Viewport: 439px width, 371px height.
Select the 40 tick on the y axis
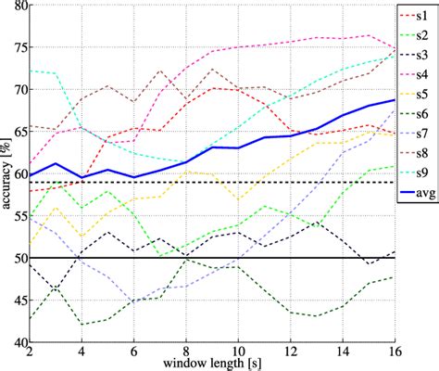pos(19,342)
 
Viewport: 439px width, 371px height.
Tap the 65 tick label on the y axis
pos(19,132)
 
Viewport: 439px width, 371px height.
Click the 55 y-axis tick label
pos(19,216)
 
